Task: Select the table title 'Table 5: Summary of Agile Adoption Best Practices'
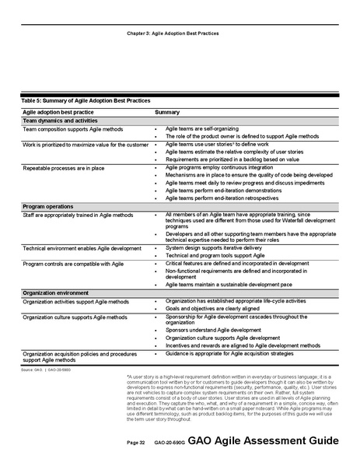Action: (86, 101)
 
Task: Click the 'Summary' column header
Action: (167, 113)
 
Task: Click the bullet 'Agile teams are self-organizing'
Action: (205, 128)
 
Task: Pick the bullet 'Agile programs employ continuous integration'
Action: (219, 167)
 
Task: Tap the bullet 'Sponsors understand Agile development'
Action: (213, 330)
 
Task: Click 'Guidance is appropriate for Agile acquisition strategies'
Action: (235, 354)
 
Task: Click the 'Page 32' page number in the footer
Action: (136, 443)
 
